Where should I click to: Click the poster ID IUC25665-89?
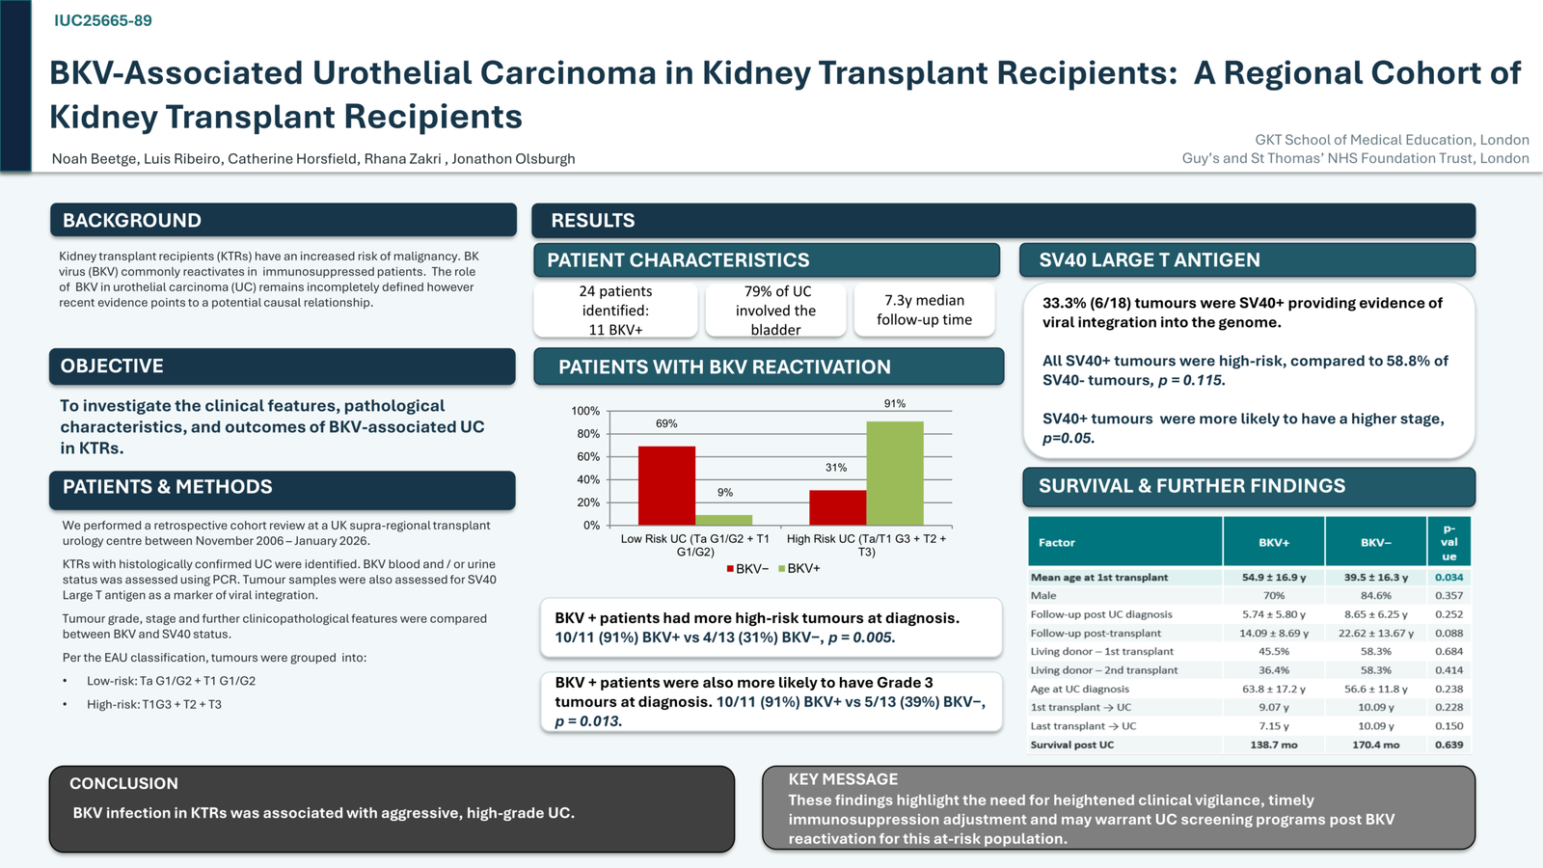coord(103,20)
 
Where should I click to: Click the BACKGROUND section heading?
coord(131,221)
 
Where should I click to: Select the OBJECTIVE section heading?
coord(112,366)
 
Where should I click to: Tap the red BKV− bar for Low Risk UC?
coord(666,486)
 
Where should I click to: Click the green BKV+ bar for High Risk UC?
coord(895,474)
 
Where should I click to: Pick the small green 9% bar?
coord(724,520)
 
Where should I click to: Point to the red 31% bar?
coord(838,507)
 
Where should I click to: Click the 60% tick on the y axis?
coord(588,457)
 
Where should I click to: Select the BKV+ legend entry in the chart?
coord(799,569)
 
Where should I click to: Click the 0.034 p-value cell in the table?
coord(1448,578)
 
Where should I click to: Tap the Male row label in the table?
coord(1042,595)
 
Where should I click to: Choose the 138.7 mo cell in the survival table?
coord(1274,745)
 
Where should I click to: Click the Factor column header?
coord(1056,542)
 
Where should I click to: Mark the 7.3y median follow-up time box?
coord(925,310)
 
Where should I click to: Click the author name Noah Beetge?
coord(95,159)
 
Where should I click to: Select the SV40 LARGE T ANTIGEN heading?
coord(1149,260)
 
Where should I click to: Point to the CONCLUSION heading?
coord(124,783)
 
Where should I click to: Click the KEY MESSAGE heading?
coord(843,779)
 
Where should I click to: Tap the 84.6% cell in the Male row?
coord(1375,595)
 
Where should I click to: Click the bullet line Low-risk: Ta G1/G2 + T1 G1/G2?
coord(171,681)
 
